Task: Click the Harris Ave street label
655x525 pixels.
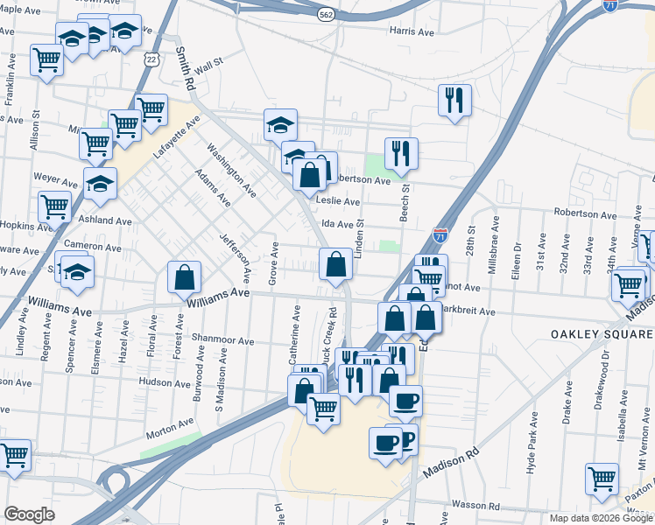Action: [412, 32]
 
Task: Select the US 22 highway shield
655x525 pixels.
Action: [151, 58]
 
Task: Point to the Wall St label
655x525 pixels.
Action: [209, 66]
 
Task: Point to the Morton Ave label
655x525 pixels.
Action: [170, 425]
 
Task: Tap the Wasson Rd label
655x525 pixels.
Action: [475, 506]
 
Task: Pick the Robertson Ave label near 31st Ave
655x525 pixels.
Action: [585, 213]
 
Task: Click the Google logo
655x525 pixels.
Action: [30, 515]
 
